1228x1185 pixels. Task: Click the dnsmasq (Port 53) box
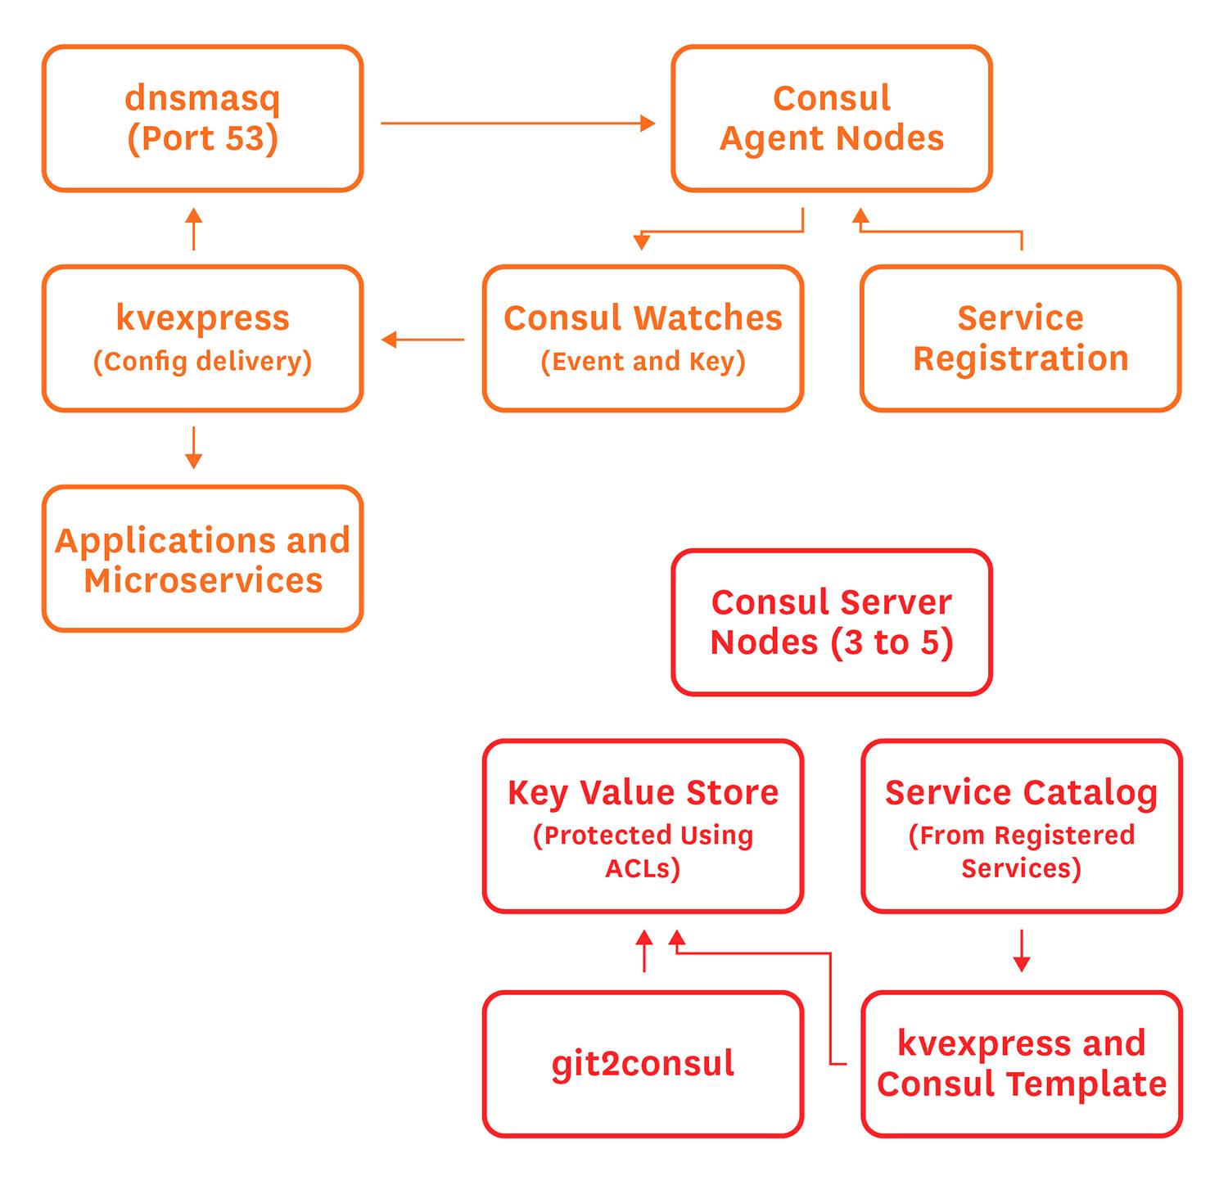click(x=202, y=119)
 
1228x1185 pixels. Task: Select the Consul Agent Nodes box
click(x=831, y=119)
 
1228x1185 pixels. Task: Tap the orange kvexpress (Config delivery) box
click(x=202, y=338)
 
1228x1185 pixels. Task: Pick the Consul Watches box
click(x=643, y=338)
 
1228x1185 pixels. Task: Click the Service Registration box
click(x=1020, y=338)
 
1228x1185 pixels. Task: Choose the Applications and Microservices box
click(x=202, y=559)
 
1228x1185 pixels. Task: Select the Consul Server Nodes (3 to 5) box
click(x=831, y=622)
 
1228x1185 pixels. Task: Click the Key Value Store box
click(x=643, y=826)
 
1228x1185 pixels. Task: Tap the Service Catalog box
click(x=1021, y=826)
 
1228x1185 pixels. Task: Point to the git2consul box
click(x=643, y=1064)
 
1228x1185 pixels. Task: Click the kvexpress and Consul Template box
click(x=1021, y=1064)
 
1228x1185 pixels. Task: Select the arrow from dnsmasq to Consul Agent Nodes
click(x=517, y=124)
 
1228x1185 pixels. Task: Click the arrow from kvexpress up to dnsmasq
click(x=194, y=229)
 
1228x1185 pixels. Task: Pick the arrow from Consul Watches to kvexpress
click(x=422, y=339)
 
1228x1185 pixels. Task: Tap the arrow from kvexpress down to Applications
click(x=194, y=448)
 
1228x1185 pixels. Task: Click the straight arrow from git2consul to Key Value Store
click(x=644, y=951)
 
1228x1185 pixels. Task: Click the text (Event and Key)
click(x=643, y=361)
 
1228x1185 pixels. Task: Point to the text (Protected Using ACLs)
click(x=643, y=851)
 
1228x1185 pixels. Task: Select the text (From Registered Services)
click(x=1021, y=851)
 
